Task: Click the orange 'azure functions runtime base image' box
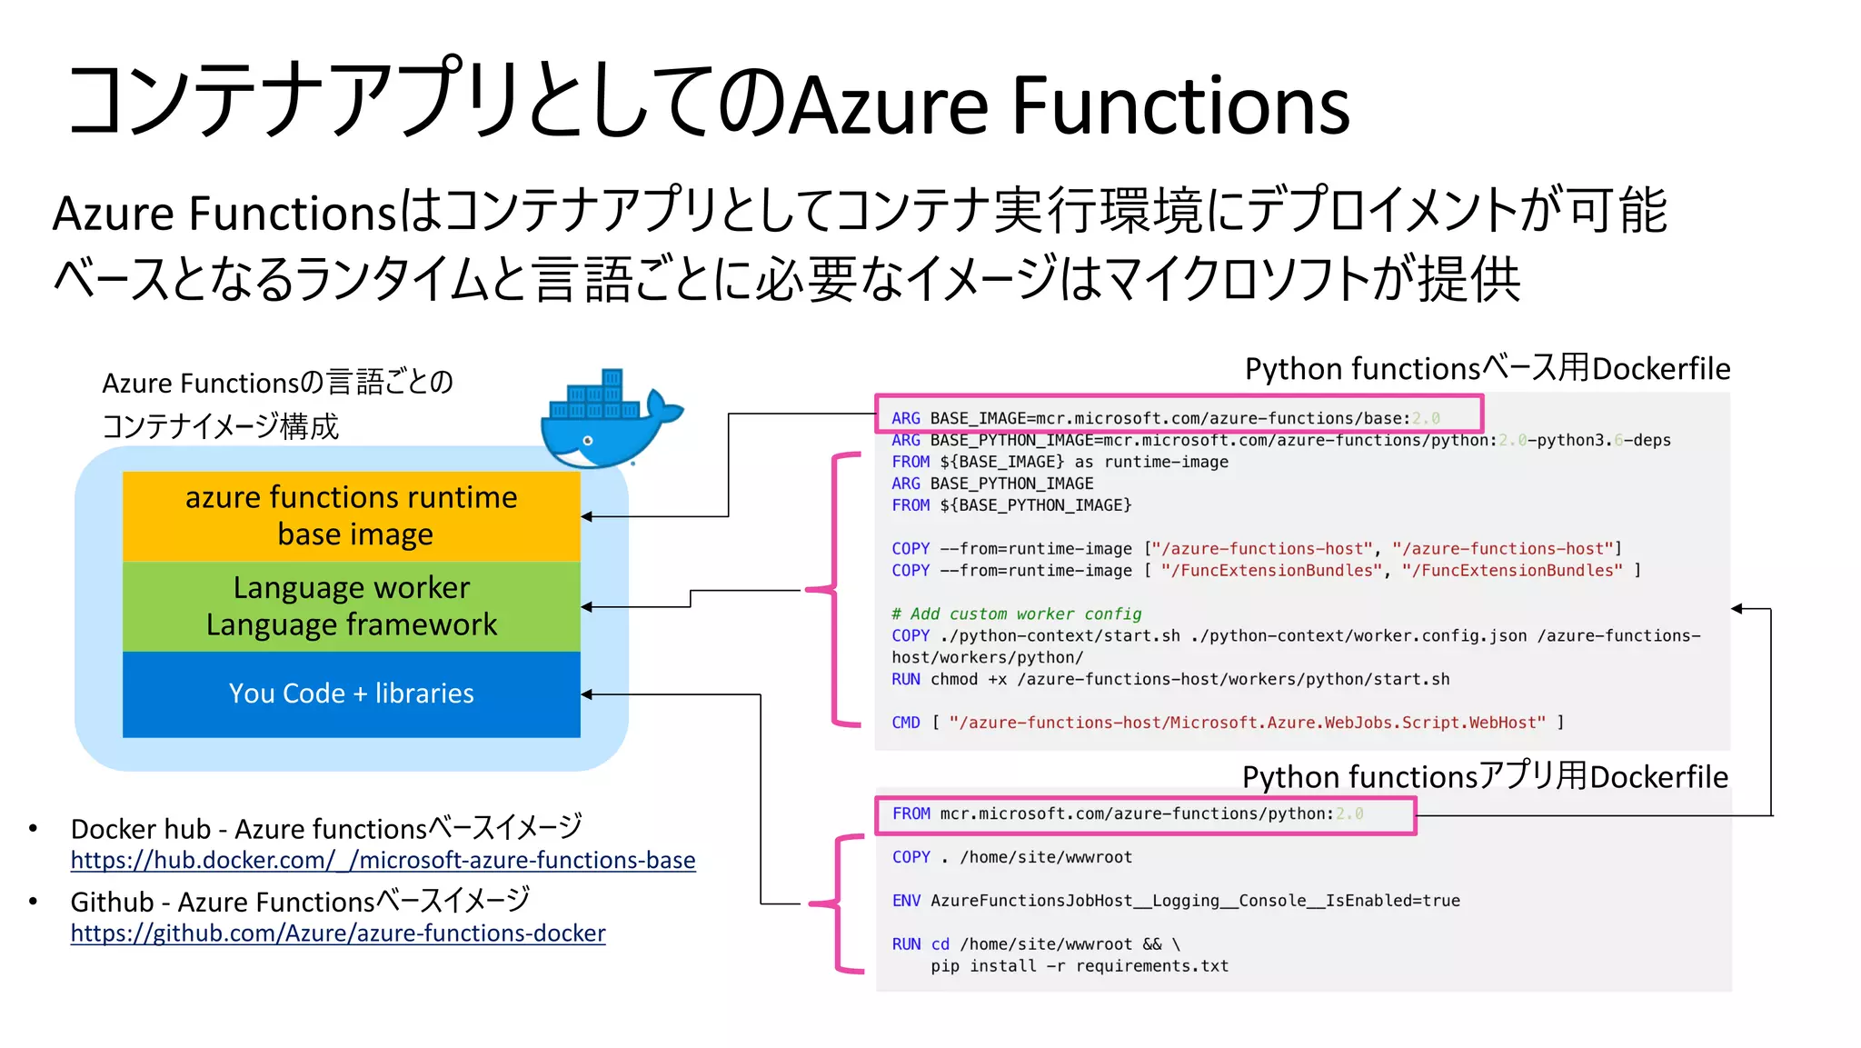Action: [351, 515]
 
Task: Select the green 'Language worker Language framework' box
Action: [351, 605]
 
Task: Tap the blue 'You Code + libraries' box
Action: [351, 694]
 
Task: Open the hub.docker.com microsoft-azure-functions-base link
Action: [383, 860]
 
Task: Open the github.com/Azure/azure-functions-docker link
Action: [337, 933]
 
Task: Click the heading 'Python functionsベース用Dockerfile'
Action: [1487, 368]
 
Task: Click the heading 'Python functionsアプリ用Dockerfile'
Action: [1484, 776]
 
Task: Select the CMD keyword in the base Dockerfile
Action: [905, 723]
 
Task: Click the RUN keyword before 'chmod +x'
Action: [905, 679]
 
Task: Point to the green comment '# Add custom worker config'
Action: [1016, 614]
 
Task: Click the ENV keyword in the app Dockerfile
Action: [905, 901]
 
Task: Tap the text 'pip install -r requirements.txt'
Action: [1079, 966]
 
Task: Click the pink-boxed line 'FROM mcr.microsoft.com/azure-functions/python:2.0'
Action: [1127, 813]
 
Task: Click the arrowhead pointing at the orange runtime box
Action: [586, 516]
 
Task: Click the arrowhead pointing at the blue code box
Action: [586, 694]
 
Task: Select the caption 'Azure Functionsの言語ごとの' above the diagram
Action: [277, 383]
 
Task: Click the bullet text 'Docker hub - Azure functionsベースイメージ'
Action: [326, 828]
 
